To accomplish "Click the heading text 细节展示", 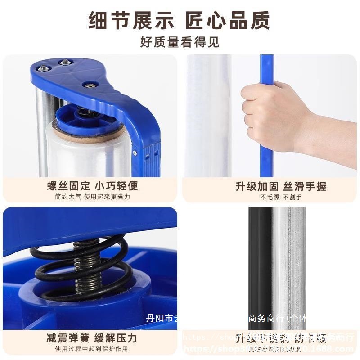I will coord(132,21).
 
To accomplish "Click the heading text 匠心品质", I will coord(228,21).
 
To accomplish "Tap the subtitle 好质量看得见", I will coord(180,43).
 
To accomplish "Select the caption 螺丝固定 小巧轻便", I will coord(92,186).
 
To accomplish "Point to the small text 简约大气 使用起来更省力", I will coord(92,197).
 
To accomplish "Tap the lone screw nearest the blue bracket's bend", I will coord(90,85).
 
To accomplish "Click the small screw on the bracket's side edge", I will coord(135,153).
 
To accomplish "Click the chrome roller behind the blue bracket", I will coord(43,130).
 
